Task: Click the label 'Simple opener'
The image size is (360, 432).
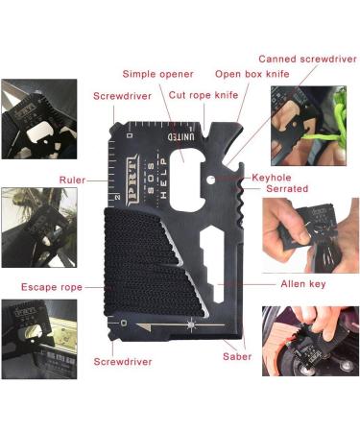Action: [157, 74]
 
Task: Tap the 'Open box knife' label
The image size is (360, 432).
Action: [252, 73]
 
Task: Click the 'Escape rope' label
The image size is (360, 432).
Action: [50, 286]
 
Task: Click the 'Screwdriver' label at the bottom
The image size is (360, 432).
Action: [122, 362]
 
